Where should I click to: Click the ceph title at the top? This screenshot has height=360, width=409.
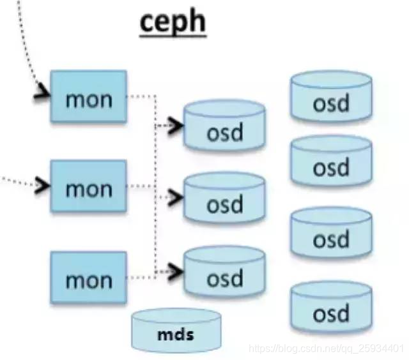coord(172,22)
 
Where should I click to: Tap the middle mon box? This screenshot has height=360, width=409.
coord(89,188)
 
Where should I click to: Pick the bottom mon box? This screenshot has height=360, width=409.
coord(89,278)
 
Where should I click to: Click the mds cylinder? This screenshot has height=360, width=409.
coord(176,331)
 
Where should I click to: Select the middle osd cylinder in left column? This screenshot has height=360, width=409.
coord(224,200)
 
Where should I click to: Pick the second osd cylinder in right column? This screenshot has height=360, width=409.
coord(331,163)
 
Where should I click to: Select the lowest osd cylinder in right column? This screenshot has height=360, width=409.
coord(331,310)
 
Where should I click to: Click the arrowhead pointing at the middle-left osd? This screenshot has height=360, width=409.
coord(176,197)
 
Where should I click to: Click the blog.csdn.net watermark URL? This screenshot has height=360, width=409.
coord(326,349)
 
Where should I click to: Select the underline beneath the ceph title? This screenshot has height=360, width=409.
coord(172,40)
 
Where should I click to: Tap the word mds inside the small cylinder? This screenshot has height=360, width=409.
coord(176,334)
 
